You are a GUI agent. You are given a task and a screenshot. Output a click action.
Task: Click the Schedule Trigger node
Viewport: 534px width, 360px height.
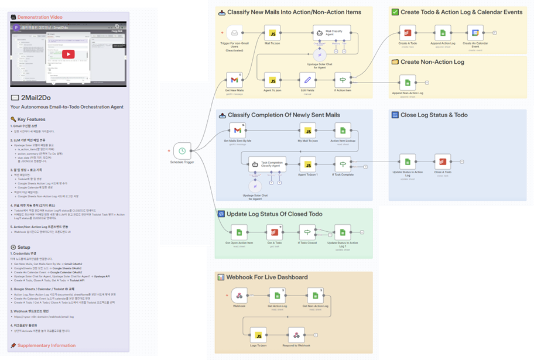pyautogui.click(x=182, y=150)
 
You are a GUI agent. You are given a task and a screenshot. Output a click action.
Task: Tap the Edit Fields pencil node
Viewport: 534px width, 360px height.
pyautogui.click(x=307, y=79)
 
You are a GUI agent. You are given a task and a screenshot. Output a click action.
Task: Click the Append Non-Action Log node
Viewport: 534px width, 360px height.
pyautogui.click(x=408, y=82)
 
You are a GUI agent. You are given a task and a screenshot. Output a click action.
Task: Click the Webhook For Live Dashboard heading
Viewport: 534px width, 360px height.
pyautogui.click(x=259, y=276)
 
